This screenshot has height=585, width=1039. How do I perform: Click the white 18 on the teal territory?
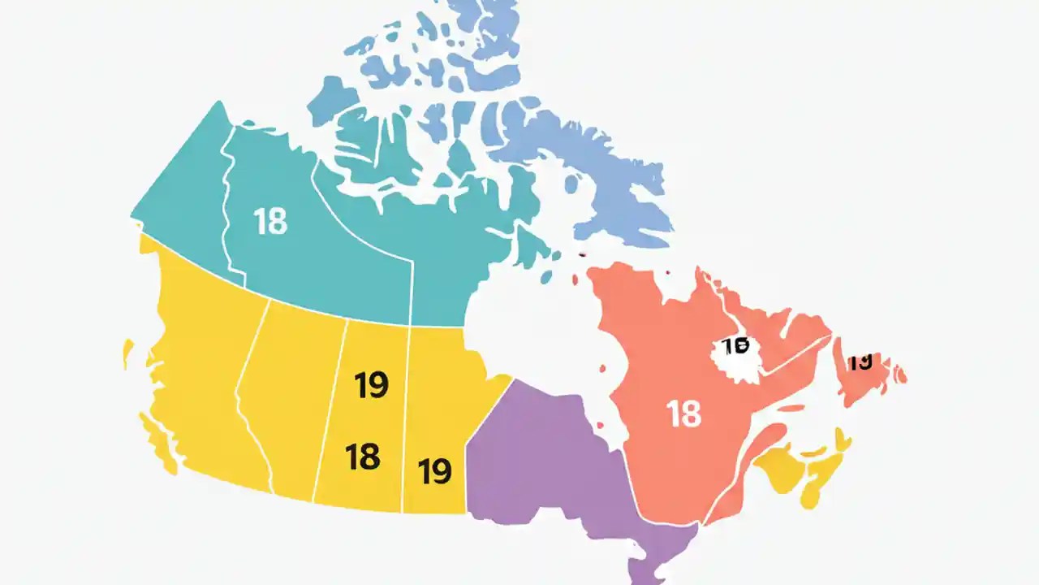270,221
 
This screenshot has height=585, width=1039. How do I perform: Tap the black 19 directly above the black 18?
371,385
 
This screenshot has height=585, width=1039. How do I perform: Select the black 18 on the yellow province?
362,457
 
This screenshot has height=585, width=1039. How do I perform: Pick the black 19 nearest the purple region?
434,470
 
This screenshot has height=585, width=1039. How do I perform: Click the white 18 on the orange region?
683,414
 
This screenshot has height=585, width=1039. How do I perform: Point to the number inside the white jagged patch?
735,347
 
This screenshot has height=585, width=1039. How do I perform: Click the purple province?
552,471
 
